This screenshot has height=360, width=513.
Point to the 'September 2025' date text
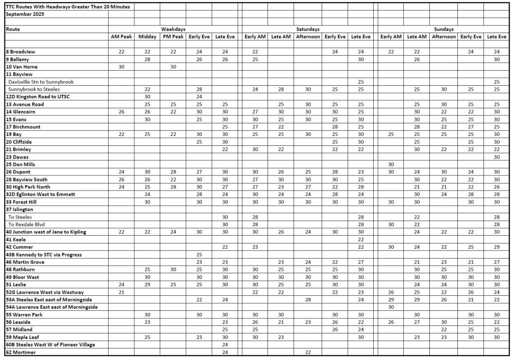pyautogui.click(x=25, y=14)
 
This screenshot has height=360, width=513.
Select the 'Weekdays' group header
pyautogui.click(x=173, y=30)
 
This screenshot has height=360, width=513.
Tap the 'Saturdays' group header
pyautogui.click(x=308, y=30)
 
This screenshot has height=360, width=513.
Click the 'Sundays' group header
pyautogui.click(x=443, y=30)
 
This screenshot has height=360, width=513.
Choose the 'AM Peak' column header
pyautogui.click(x=121, y=37)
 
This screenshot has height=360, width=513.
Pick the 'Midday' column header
pyautogui.click(x=147, y=37)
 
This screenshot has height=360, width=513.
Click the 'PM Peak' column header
pyautogui.click(x=173, y=37)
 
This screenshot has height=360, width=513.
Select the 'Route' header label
pyautogui.click(x=13, y=30)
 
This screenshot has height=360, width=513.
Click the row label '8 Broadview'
pyautogui.click(x=21, y=52)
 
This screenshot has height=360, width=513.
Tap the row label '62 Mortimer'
pyautogui.click(x=21, y=352)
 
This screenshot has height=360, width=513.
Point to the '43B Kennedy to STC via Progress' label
pyautogui.click(x=44, y=255)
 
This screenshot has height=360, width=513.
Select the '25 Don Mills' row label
pyautogui.click(x=21, y=164)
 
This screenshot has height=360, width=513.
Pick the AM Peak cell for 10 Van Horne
pyautogui.click(x=121, y=67)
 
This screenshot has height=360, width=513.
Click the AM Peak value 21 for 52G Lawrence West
pyautogui.click(x=121, y=292)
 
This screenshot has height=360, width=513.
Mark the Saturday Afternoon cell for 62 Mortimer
pyautogui.click(x=308, y=352)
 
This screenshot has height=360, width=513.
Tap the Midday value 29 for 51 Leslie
pyautogui.click(x=147, y=284)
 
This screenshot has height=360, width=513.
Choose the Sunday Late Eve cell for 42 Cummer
pyautogui.click(x=496, y=247)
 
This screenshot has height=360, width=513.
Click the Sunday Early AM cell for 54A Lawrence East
pyautogui.click(x=391, y=307)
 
